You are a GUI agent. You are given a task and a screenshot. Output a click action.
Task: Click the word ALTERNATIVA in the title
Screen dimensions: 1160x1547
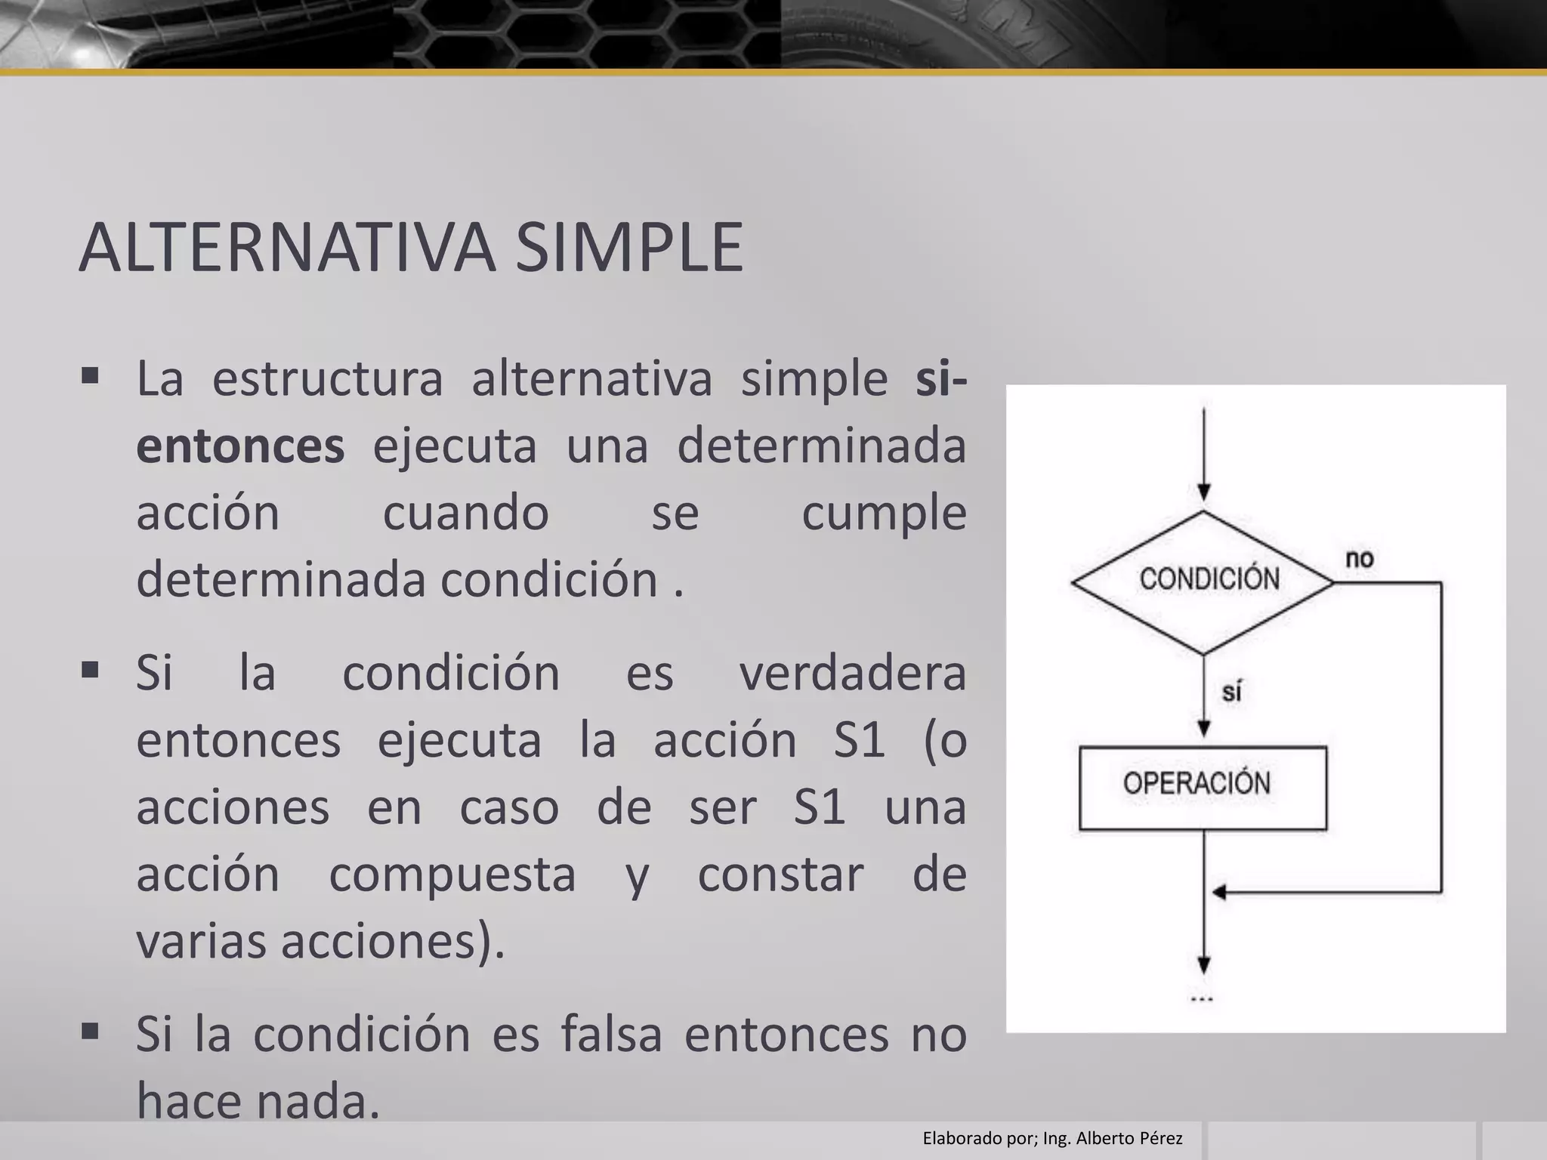click(287, 248)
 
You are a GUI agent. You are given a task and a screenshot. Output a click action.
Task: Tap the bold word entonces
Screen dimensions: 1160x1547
click(240, 446)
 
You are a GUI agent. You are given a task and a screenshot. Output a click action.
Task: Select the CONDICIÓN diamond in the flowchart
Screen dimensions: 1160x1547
click(1204, 582)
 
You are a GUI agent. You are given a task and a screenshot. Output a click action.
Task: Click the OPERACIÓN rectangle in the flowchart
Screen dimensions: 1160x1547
click(1203, 788)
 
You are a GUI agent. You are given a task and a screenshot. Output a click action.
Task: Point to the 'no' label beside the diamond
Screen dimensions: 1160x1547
click(1359, 560)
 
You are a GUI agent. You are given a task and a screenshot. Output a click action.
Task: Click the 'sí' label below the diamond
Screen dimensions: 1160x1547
click(1232, 691)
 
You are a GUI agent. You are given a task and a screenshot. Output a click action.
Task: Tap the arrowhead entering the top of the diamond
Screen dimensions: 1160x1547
click(1204, 492)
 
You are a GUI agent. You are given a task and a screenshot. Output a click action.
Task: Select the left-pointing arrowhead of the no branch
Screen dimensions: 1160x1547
click(1218, 893)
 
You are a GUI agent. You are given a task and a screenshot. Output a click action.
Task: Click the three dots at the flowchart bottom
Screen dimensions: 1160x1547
click(1202, 999)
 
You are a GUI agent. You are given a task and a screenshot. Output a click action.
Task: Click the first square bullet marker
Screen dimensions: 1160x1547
click(90, 376)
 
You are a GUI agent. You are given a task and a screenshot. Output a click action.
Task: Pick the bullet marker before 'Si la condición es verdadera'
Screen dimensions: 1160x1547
click(90, 670)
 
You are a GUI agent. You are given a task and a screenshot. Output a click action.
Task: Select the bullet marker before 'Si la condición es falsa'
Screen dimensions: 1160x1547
click(90, 1031)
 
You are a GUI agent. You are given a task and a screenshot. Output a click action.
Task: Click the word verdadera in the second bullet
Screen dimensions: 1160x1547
click(852, 673)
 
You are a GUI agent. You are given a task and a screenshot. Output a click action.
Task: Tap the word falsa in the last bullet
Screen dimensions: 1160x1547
click(611, 1034)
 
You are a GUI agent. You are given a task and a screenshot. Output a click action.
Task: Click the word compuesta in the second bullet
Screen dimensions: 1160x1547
click(452, 875)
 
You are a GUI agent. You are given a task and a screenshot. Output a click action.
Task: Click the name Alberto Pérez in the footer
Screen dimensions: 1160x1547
click(1129, 1138)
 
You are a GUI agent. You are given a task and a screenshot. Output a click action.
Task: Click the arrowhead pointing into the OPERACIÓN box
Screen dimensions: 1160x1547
click(1204, 729)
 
